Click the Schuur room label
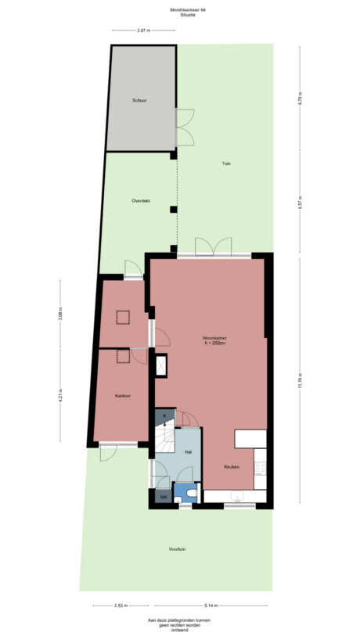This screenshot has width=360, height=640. click(x=139, y=101)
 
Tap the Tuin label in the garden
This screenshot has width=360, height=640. click(x=225, y=164)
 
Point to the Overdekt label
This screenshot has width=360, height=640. click(x=141, y=202)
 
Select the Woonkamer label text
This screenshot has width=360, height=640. click(x=213, y=338)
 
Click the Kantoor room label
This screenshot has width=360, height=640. click(x=122, y=396)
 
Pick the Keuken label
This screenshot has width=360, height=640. click(x=231, y=466)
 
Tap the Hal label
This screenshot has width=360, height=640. click(x=188, y=452)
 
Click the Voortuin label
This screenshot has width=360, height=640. click(x=177, y=549)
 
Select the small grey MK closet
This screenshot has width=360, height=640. click(x=164, y=497)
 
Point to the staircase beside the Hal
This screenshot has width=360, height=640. click(x=165, y=439)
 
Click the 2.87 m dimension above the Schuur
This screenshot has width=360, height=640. click(x=142, y=30)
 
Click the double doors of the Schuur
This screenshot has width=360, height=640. click(x=185, y=127)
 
